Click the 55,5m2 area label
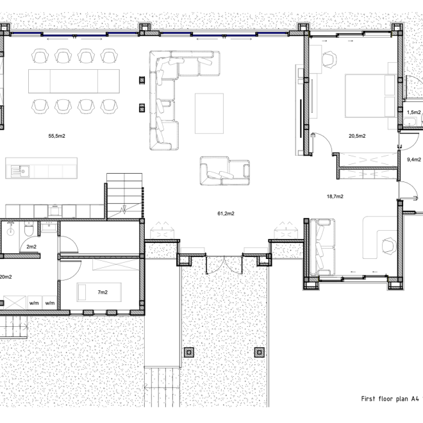point(56,136)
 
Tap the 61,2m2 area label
point(226,213)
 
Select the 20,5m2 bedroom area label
point(357,136)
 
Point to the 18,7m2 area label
point(335,196)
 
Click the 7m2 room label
point(103,292)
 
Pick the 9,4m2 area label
point(414,160)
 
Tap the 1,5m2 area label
point(414,112)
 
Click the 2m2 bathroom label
point(31,247)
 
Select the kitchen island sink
point(21,171)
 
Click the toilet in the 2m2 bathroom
point(29,229)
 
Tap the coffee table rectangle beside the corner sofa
point(210,113)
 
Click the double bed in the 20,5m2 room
point(370,96)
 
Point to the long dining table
point(74,81)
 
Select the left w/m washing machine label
point(34,303)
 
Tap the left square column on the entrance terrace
point(189,352)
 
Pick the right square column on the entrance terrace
point(260,352)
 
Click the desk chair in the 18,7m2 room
point(389,245)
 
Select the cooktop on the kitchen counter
point(54,211)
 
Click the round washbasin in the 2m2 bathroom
point(10,231)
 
